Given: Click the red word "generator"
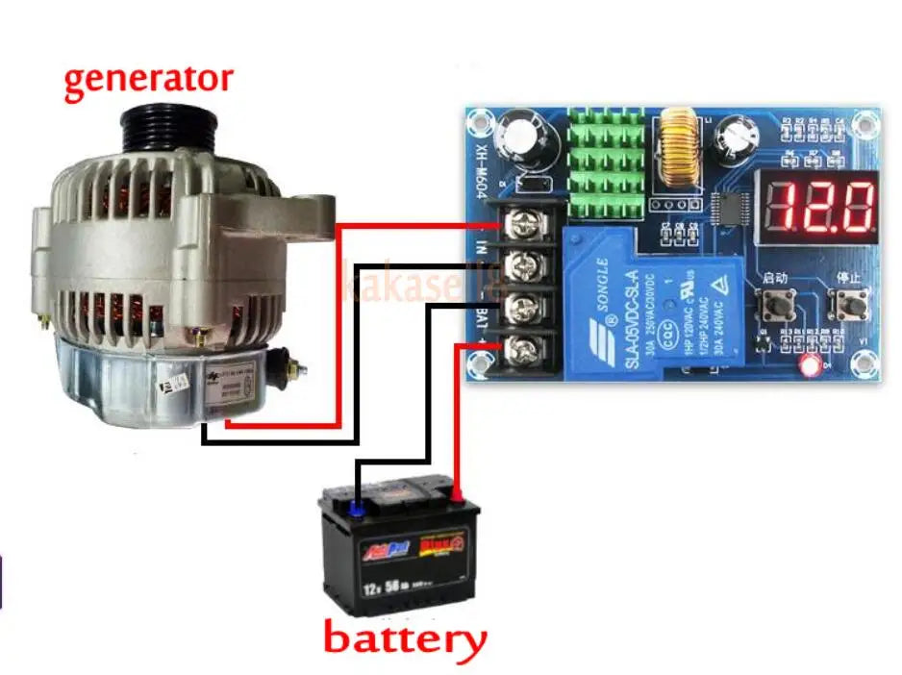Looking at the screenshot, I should (148, 79).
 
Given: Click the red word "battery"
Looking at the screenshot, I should (404, 638).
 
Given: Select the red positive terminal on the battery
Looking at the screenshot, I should (457, 497).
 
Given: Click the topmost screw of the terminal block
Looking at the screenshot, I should (520, 225).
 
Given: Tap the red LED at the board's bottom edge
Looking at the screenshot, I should (810, 364).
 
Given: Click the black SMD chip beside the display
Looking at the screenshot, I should (733, 206).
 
